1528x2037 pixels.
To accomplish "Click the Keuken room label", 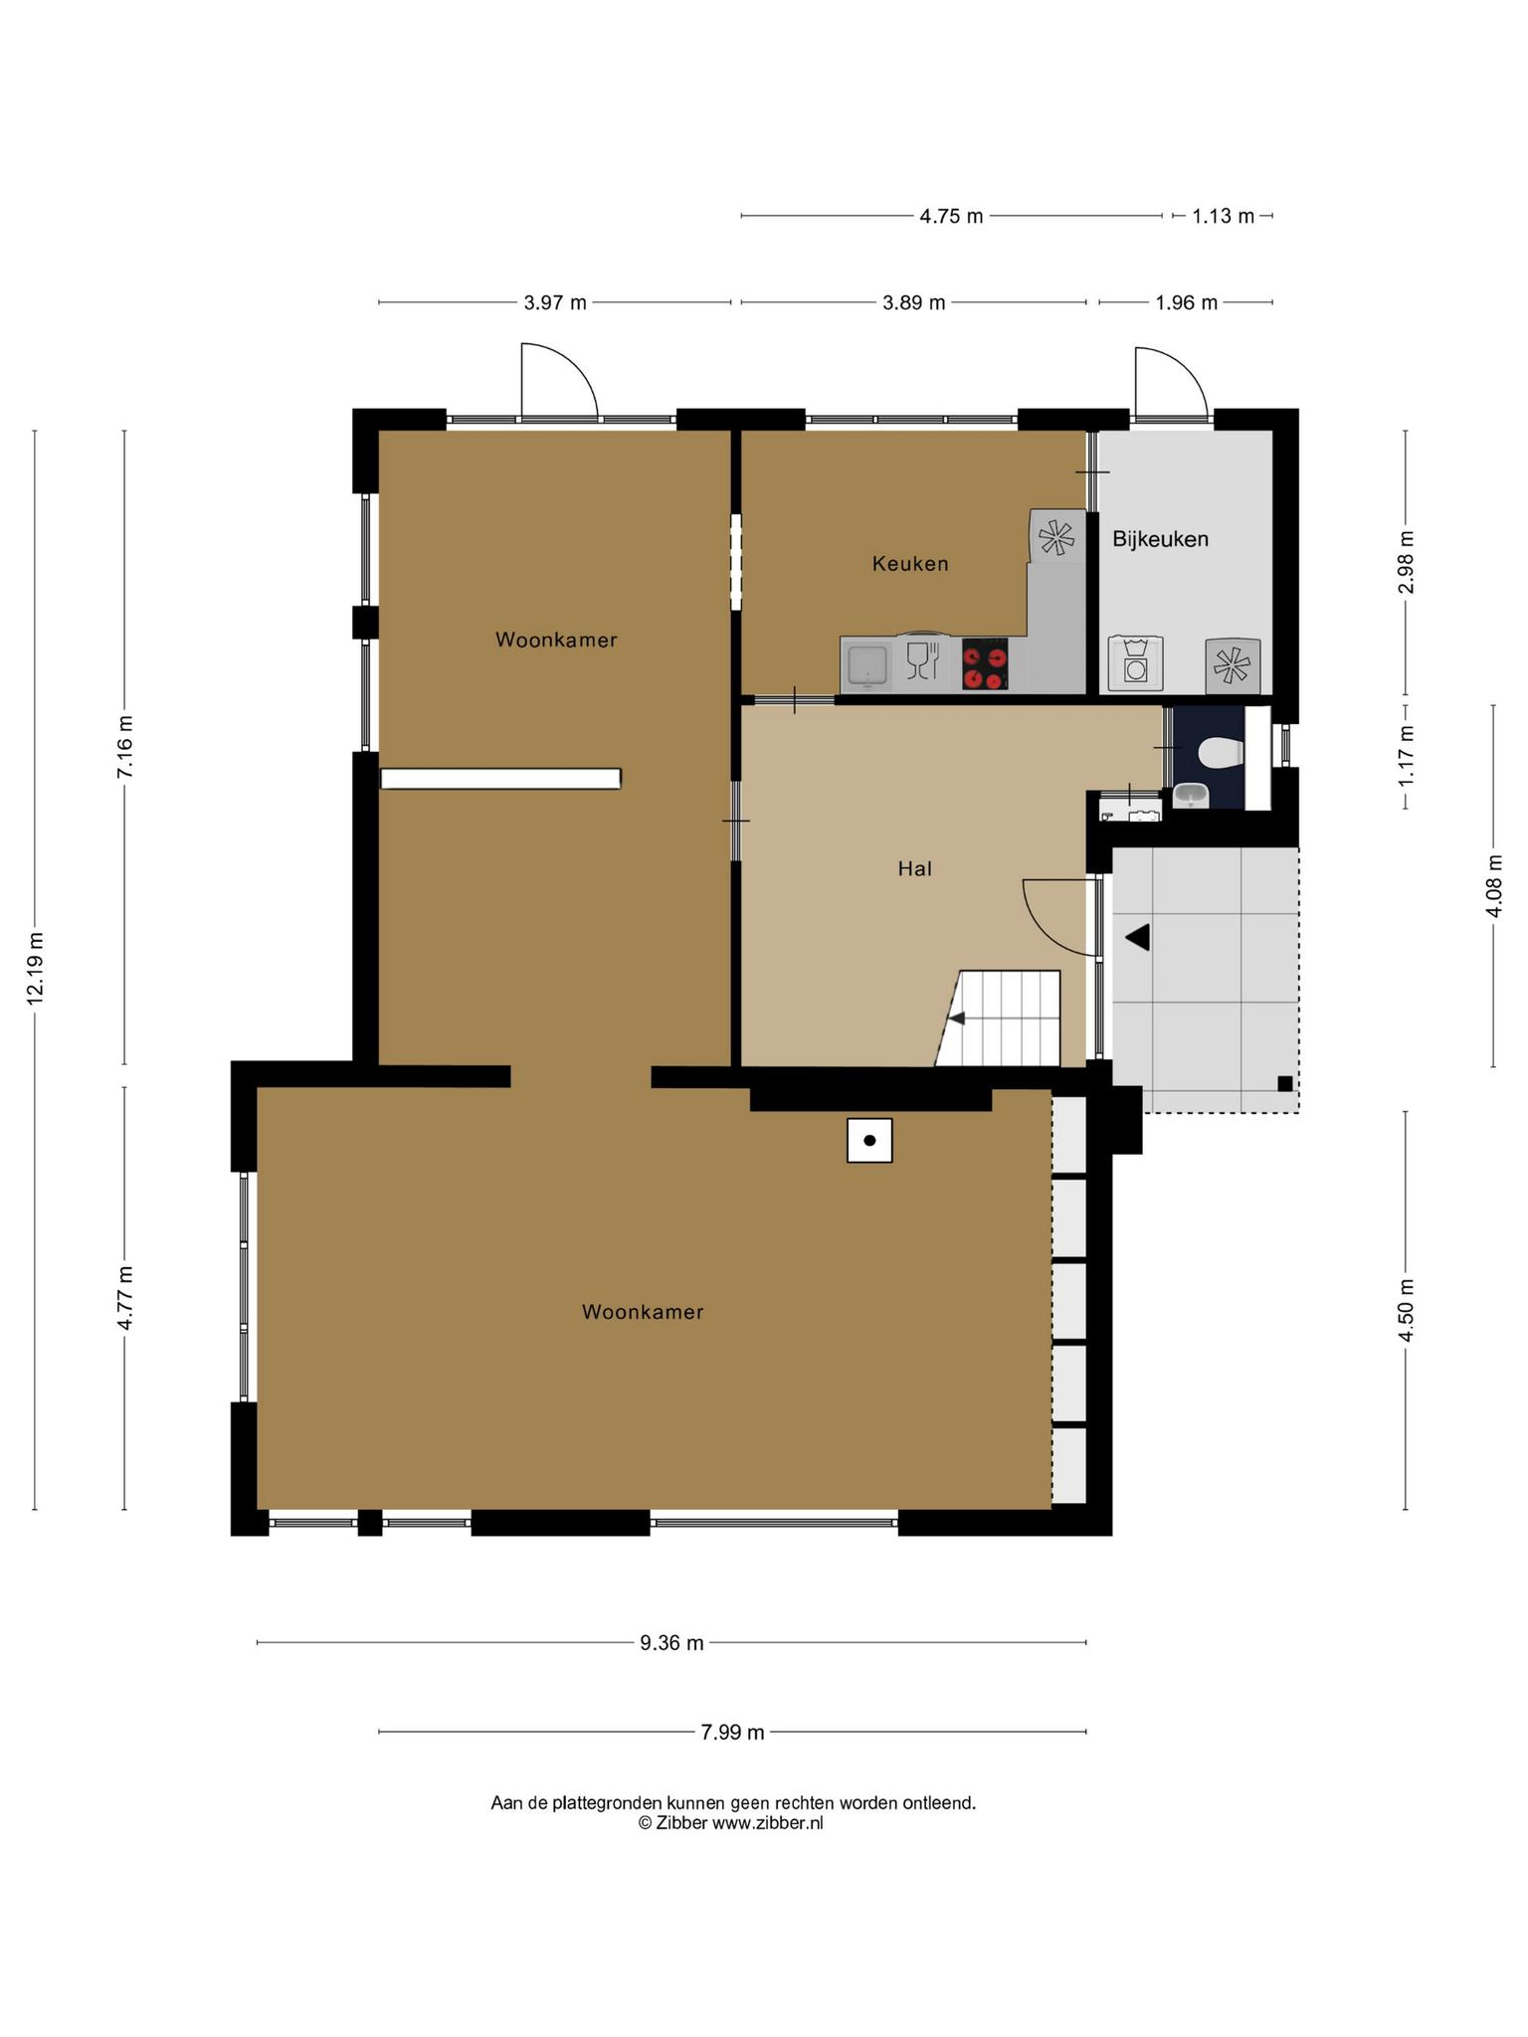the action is [910, 564].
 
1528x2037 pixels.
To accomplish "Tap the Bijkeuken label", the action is [1160, 539].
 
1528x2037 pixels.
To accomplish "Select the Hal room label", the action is [914, 868].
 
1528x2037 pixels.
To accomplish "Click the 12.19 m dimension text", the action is [36, 969].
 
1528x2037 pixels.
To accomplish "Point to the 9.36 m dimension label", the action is [671, 1643].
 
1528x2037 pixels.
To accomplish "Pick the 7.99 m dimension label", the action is [732, 1732].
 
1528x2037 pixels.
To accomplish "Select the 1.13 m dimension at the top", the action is [1223, 216].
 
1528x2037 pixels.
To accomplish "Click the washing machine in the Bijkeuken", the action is [1135, 662].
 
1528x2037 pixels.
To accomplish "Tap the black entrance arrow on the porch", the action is [1138, 937].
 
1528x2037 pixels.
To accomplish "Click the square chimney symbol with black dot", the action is [869, 1140].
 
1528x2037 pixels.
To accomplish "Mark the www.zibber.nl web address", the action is [767, 1823].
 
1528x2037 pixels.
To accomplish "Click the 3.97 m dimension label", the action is [555, 302].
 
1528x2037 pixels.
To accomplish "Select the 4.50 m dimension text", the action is [1406, 1309].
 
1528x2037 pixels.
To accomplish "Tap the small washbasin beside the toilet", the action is [1191, 795].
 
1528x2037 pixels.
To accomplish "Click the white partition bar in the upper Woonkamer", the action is [500, 779].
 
